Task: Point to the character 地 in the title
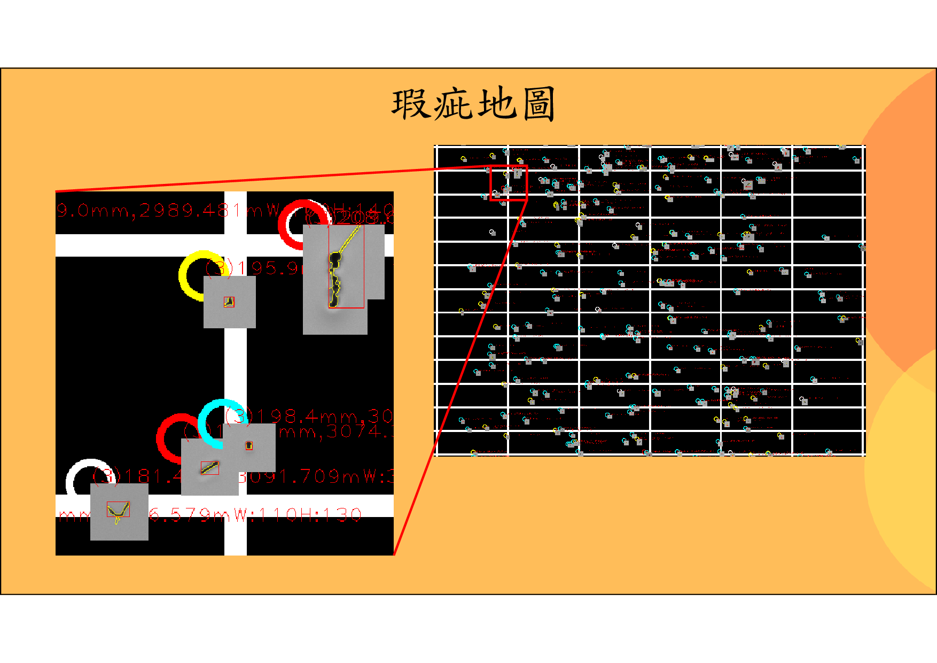click(x=496, y=104)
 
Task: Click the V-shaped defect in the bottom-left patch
click(x=118, y=511)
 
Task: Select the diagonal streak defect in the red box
click(x=210, y=467)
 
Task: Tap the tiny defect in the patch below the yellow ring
click(x=229, y=302)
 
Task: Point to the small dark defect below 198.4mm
click(x=249, y=445)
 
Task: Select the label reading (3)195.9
click(x=251, y=267)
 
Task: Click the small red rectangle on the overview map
click(x=509, y=183)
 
